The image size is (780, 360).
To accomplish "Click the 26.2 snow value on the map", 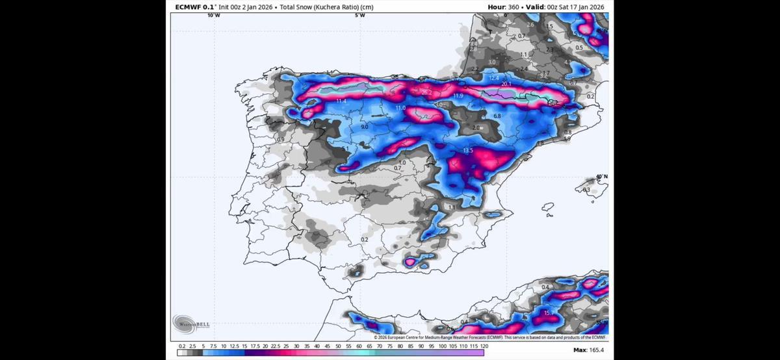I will click(427, 93).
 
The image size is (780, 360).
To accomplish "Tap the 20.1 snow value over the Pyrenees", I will click(506, 84).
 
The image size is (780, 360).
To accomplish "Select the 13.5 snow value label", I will click(468, 151).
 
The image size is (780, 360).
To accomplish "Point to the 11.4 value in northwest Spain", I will click(341, 101).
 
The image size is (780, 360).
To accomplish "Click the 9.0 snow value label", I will click(365, 127).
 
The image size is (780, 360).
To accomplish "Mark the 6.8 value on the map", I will click(497, 116).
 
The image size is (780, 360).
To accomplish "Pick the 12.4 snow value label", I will click(493, 78).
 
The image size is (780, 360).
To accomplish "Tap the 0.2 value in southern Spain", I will click(364, 240).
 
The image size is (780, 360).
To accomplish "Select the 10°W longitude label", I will click(214, 15).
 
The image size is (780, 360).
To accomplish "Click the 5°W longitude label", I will click(359, 15).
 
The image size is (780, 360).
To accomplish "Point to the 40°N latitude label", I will click(602, 177).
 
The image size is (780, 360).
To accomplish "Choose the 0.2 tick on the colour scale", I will click(181, 346).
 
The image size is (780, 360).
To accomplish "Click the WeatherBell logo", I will click(191, 323).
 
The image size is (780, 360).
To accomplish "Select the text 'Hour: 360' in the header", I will click(506, 7).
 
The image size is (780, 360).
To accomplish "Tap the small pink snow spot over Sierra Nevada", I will click(410, 262).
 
